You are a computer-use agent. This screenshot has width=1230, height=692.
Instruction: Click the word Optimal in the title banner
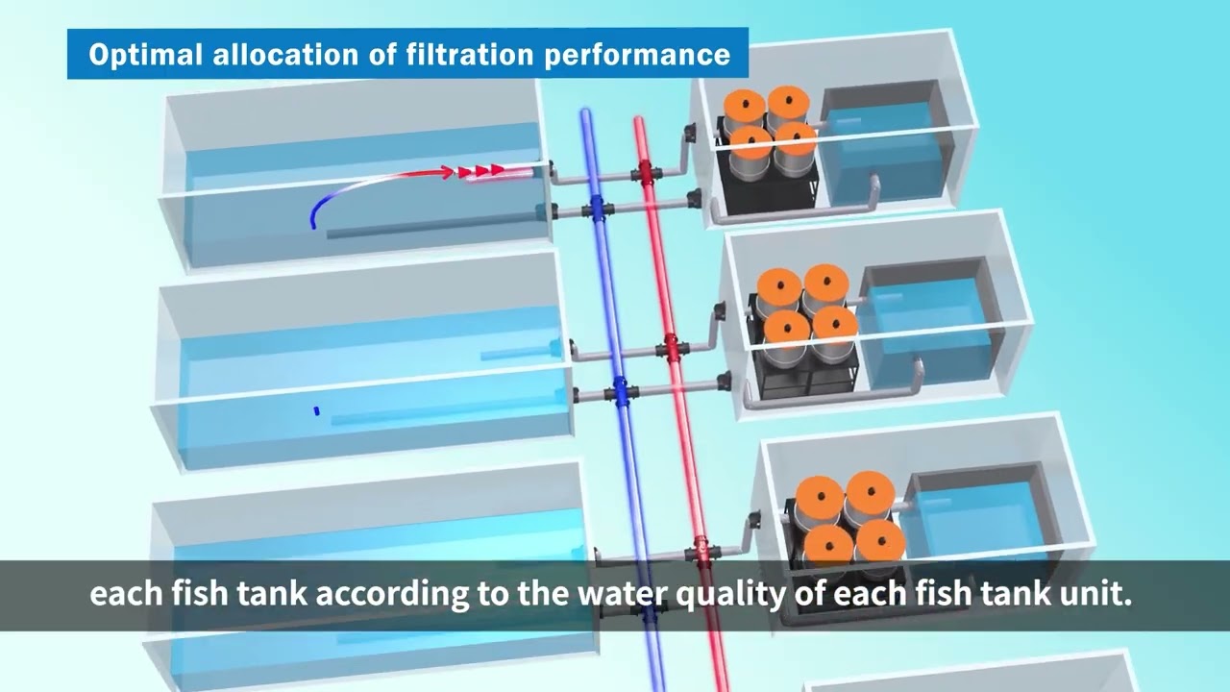point(145,55)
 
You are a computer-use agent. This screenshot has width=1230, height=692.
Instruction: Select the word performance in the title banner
point(637,56)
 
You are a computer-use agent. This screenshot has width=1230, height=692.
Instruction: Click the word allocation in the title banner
point(285,54)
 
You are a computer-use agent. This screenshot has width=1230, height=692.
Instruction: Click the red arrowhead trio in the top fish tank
point(481,171)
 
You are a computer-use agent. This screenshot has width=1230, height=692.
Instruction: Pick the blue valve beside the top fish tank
point(598,209)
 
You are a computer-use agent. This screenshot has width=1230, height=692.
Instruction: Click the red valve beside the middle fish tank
point(672,347)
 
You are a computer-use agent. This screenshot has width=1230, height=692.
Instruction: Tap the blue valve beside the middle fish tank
point(622,391)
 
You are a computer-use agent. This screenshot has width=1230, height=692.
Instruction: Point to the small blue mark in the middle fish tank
point(316,410)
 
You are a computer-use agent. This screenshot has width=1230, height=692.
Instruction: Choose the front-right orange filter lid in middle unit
point(835,326)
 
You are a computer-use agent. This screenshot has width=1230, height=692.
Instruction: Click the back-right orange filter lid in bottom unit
point(871,491)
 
